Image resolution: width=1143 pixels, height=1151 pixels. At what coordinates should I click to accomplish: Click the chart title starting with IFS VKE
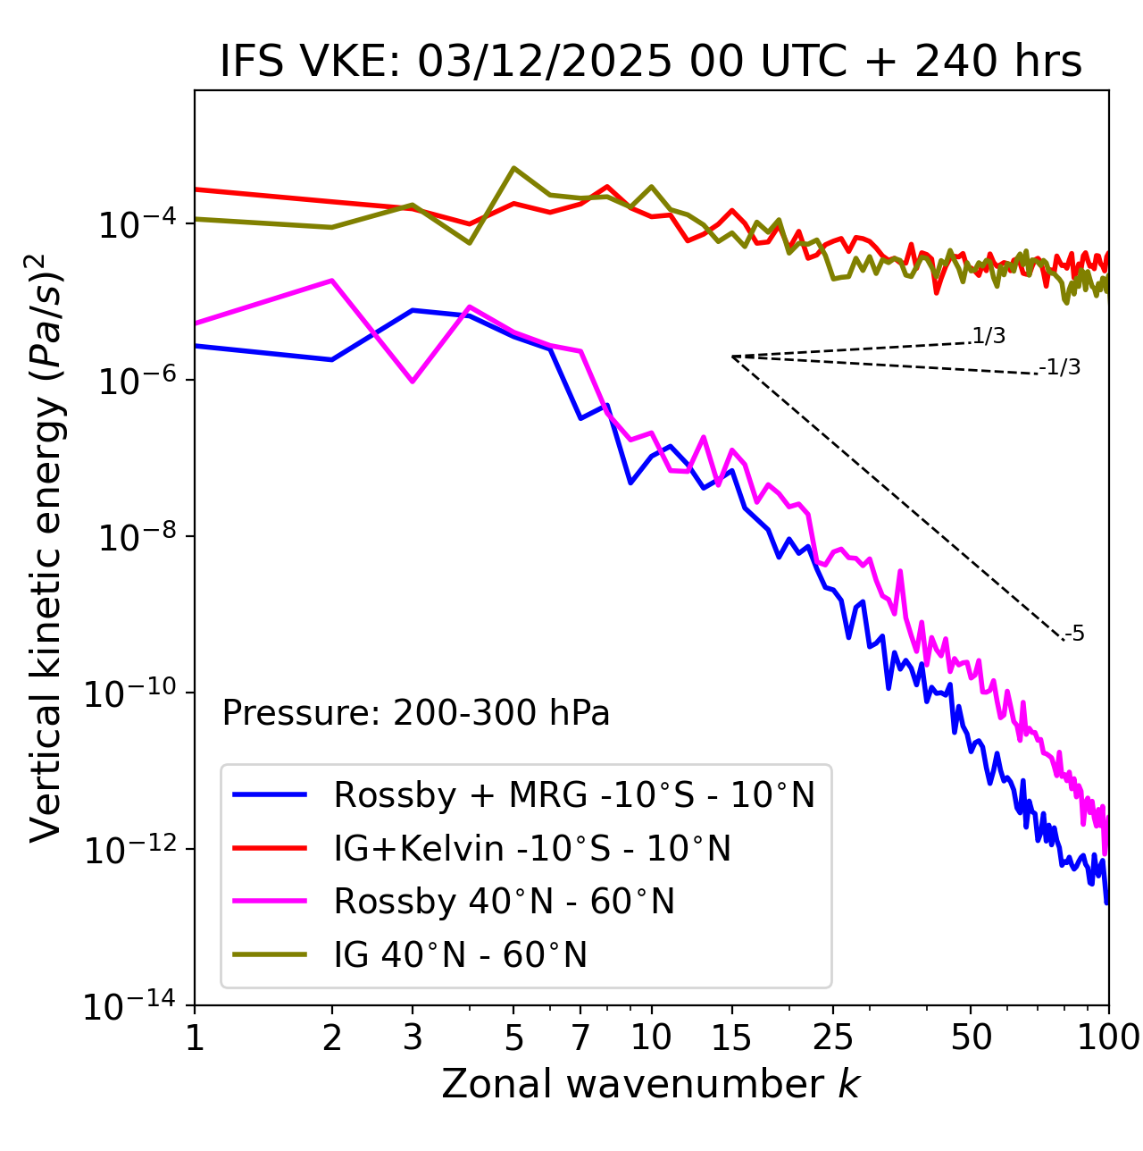pyautogui.click(x=651, y=62)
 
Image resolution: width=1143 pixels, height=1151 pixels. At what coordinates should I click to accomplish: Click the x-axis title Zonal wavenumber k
pyautogui.click(x=651, y=1084)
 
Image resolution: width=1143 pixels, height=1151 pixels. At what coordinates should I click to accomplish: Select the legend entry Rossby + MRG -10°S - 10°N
pyautogui.click(x=574, y=794)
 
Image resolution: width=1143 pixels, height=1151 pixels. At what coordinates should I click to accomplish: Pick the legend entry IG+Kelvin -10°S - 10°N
pyautogui.click(x=532, y=848)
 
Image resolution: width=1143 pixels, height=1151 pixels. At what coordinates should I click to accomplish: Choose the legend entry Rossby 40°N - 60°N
pyautogui.click(x=504, y=902)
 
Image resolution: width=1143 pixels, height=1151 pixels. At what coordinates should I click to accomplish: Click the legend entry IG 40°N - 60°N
pyautogui.click(x=460, y=955)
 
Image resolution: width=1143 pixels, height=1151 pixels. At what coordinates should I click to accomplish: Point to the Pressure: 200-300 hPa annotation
pyautogui.click(x=416, y=713)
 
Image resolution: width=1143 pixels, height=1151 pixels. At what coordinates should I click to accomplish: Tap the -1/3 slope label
pyautogui.click(x=1060, y=367)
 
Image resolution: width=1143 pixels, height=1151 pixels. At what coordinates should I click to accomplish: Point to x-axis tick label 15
pyautogui.click(x=731, y=1038)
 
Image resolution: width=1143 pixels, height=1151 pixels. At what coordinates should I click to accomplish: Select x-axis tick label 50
pyautogui.click(x=971, y=1038)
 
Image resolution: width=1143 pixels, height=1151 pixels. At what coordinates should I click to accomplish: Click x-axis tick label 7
pyautogui.click(x=580, y=1038)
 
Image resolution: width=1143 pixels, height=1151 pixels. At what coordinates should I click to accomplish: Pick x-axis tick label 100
pyautogui.click(x=1108, y=1038)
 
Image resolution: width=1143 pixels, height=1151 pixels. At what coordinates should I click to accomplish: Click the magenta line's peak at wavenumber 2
pyautogui.click(x=332, y=281)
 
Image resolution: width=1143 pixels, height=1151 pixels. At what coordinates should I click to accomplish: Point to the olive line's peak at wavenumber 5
pyautogui.click(x=513, y=168)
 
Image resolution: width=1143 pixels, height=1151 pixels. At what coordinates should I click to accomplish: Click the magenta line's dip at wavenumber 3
pyautogui.click(x=413, y=382)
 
